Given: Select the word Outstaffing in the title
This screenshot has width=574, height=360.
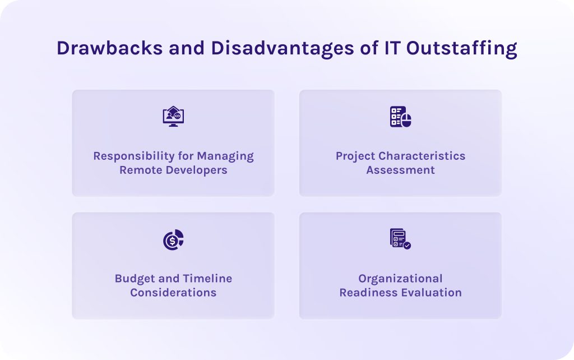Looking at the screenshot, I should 461,48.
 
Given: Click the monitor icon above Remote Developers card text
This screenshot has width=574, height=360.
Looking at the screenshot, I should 173,117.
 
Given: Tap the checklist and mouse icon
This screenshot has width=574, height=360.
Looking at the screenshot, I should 400,117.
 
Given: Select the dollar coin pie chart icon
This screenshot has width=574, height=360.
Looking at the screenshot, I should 173,239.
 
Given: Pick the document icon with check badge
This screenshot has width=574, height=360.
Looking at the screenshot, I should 400,239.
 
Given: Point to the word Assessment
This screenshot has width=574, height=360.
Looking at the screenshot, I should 400,170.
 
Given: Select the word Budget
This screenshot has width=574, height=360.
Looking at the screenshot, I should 133,279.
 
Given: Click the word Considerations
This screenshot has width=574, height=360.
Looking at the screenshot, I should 173,293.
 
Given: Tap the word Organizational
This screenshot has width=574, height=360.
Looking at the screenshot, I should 400,279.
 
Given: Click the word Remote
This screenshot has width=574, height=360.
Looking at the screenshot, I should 140,170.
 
